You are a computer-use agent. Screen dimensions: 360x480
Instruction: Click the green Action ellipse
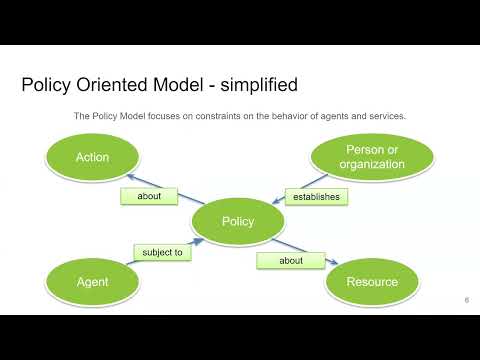[92, 157]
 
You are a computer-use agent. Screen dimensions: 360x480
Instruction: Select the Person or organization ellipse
[372, 157]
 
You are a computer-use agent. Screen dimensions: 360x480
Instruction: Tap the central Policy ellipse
[237, 221]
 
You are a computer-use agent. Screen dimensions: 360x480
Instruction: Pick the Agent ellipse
[92, 281]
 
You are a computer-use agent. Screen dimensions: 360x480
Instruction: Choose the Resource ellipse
[372, 281]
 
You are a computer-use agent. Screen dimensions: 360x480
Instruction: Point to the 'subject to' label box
[162, 253]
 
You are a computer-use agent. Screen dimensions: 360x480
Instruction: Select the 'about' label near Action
[150, 196]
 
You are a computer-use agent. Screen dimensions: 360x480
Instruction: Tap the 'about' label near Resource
[290, 261]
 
